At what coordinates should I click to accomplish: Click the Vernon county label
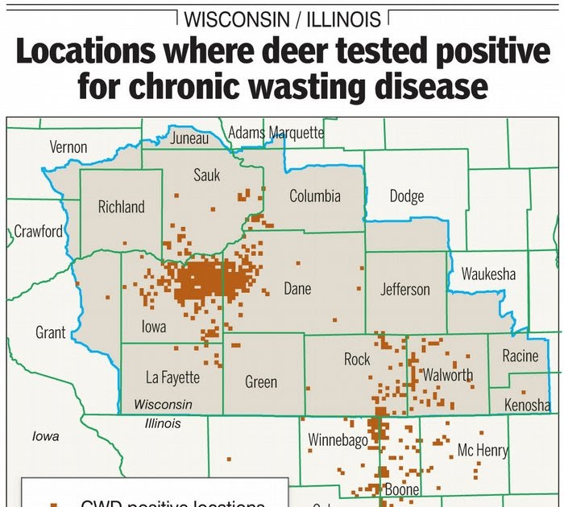pyautogui.click(x=68, y=147)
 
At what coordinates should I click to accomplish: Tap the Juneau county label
pyautogui.click(x=189, y=138)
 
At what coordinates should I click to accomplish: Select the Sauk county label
pyautogui.click(x=206, y=175)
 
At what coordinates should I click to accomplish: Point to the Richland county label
pyautogui.click(x=122, y=207)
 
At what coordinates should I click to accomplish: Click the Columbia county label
pyautogui.click(x=315, y=196)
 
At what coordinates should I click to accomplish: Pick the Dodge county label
pyautogui.click(x=406, y=196)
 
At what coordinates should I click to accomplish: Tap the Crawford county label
pyautogui.click(x=38, y=232)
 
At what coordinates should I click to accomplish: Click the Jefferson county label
pyautogui.click(x=405, y=289)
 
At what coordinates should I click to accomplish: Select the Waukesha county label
pyautogui.click(x=488, y=274)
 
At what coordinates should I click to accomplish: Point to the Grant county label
pyautogui.click(x=51, y=332)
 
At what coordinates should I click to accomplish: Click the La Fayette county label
pyautogui.click(x=172, y=377)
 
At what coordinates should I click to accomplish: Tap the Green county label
pyautogui.click(x=261, y=382)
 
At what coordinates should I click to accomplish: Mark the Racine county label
pyautogui.click(x=520, y=356)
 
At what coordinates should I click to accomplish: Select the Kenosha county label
pyautogui.click(x=527, y=405)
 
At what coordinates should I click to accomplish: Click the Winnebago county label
pyautogui.click(x=338, y=440)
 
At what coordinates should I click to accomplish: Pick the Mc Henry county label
pyautogui.click(x=483, y=451)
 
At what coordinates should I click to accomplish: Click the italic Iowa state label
pyautogui.click(x=45, y=436)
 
